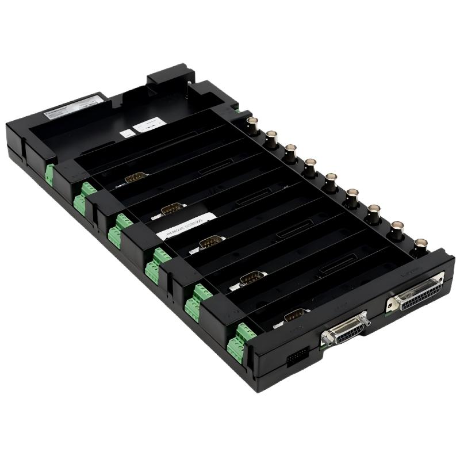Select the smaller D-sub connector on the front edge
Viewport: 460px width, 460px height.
point(346,329)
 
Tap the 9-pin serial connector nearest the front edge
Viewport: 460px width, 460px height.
point(295,315)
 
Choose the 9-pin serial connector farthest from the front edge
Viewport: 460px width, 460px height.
point(136,178)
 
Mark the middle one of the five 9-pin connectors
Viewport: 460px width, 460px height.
point(212,242)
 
